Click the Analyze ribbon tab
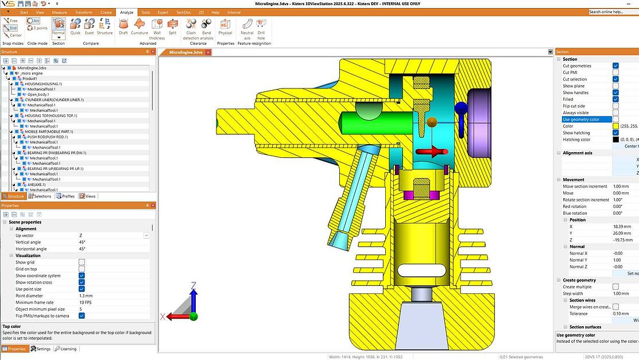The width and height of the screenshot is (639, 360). (x=126, y=12)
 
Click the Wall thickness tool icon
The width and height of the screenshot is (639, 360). (x=157, y=24)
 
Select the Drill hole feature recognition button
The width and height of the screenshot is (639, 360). (x=261, y=24)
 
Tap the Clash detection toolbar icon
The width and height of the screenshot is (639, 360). (x=191, y=24)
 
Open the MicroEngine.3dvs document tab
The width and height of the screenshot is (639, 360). (x=186, y=52)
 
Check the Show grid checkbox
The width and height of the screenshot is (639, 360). (x=82, y=262)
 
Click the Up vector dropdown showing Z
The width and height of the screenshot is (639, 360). (x=113, y=235)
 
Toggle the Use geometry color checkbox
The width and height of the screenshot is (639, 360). (x=615, y=119)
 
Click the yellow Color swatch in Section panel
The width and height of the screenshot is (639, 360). (x=615, y=126)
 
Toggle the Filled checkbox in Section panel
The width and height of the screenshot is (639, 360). (x=615, y=99)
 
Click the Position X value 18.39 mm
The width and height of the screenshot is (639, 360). (x=620, y=227)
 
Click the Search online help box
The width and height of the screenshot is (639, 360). (x=613, y=11)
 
